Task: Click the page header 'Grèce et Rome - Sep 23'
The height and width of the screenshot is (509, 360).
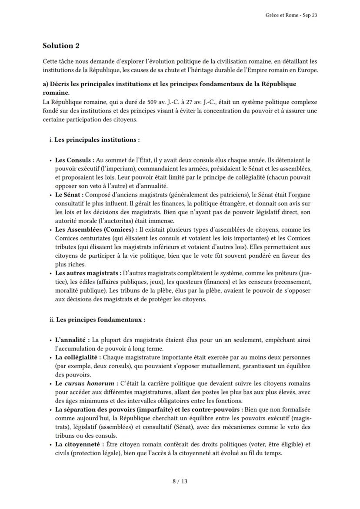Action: pos(291,15)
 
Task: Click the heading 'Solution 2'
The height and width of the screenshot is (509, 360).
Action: pos(61,46)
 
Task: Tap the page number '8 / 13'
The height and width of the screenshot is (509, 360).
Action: pos(180,481)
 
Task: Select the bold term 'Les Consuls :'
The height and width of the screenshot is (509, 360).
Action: pos(74,160)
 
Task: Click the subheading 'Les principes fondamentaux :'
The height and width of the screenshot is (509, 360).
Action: pos(100,319)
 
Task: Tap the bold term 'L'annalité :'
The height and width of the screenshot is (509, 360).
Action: pos(73,340)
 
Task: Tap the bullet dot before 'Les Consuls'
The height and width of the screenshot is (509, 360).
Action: pos(51,161)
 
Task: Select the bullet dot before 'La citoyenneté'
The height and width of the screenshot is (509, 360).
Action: pos(51,445)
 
